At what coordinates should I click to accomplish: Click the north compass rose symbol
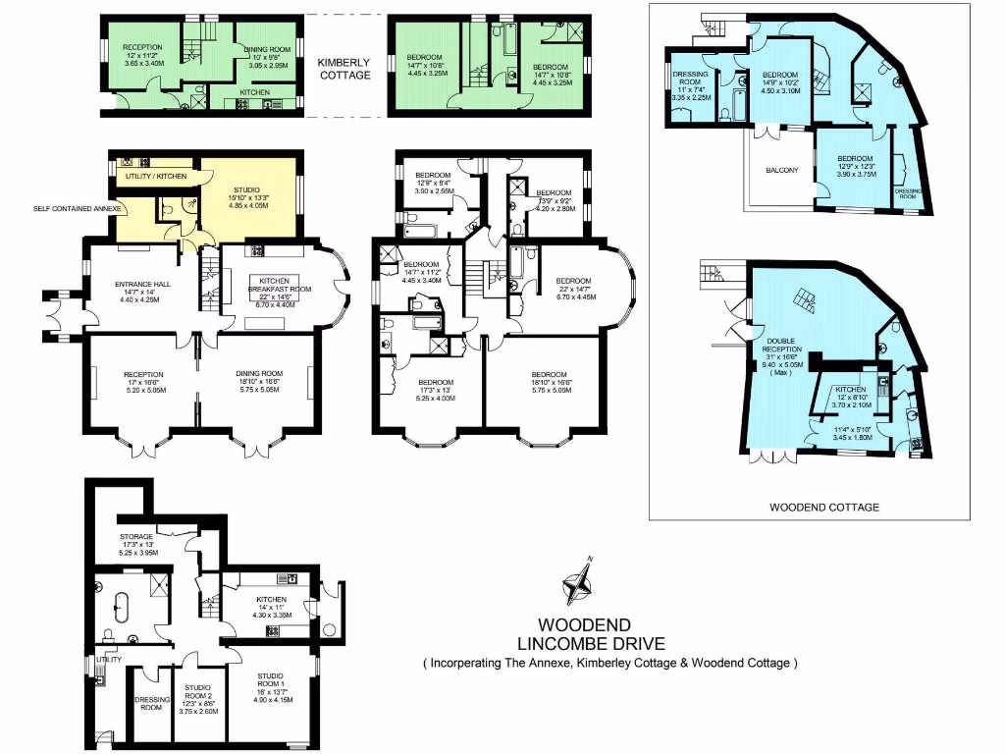579,583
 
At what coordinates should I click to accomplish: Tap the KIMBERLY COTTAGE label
344,68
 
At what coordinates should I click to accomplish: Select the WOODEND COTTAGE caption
810,508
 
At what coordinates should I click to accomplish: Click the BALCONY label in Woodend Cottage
781,170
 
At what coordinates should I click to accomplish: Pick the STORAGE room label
135,537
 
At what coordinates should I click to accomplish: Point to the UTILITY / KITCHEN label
156,176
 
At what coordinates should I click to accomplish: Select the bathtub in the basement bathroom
121,609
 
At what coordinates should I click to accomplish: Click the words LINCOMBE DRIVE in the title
590,644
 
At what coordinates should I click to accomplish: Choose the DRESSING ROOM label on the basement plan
152,704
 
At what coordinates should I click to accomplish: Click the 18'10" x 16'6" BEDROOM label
549,374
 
